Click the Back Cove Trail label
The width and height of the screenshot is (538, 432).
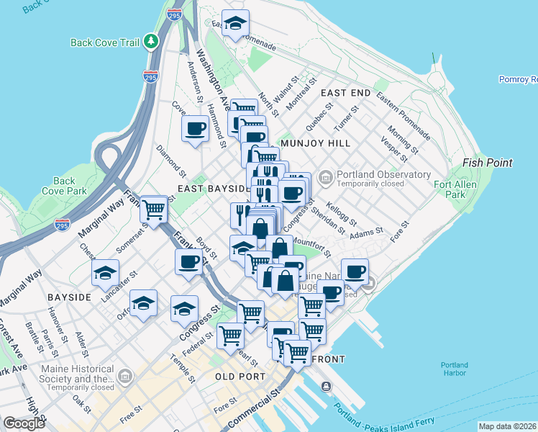(x=104, y=42)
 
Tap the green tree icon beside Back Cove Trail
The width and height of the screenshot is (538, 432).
(x=151, y=42)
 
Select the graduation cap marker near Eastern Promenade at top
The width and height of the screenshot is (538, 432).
(x=235, y=24)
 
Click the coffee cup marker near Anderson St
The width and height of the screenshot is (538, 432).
(x=196, y=130)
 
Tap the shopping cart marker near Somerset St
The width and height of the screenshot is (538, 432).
(x=154, y=210)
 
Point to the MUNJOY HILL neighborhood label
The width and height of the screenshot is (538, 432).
(x=316, y=143)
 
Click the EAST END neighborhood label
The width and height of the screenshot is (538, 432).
(x=345, y=94)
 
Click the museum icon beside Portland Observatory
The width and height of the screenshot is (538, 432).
(x=326, y=176)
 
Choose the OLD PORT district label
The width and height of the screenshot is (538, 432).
(x=242, y=377)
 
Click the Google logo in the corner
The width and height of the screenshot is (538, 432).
(x=24, y=423)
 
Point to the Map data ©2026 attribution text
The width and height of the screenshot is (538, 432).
(x=508, y=426)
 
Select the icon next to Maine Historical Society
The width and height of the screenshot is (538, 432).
(x=126, y=375)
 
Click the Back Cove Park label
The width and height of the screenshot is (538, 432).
(x=64, y=186)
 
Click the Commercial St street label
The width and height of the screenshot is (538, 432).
(x=253, y=409)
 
